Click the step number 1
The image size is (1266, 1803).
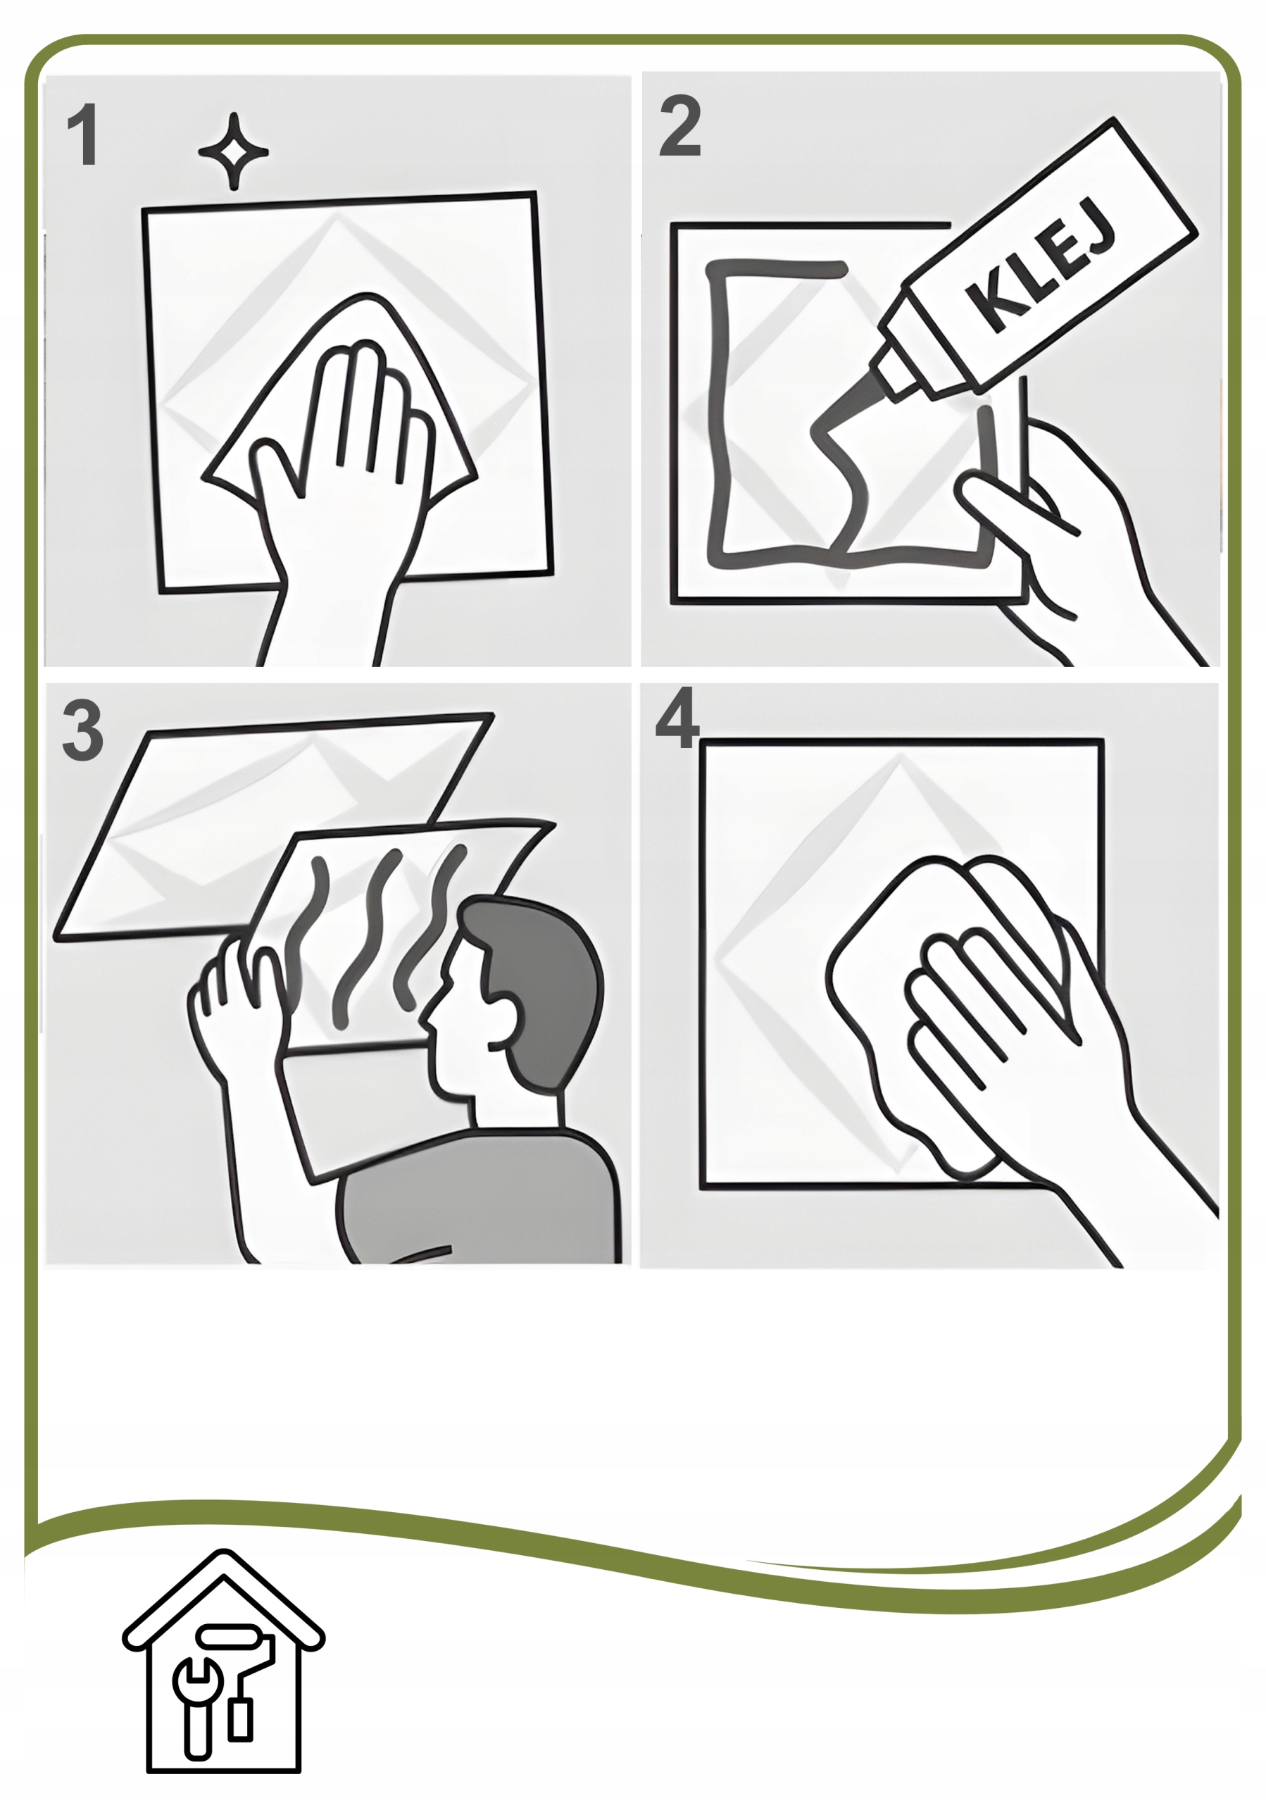pos(83,136)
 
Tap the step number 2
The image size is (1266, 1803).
pos(679,125)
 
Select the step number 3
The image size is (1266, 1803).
pos(82,730)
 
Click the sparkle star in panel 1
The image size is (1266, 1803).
pos(232,151)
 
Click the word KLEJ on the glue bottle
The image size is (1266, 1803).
pos(1041,268)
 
